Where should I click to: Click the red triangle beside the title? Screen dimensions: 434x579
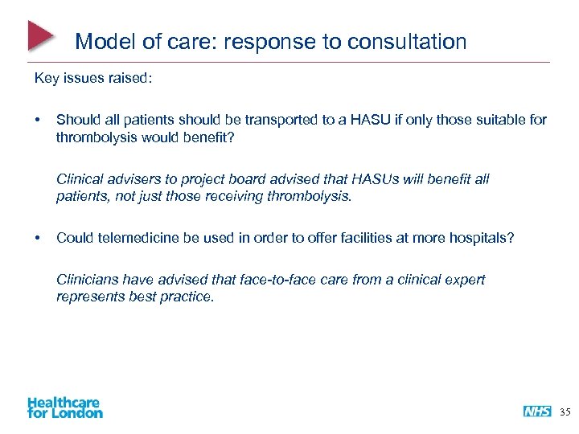coord(40,35)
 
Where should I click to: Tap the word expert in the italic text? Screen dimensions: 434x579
coord(464,280)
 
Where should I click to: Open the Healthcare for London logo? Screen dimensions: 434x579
coord(65,407)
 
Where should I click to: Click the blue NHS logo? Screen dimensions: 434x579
coord(537,411)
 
